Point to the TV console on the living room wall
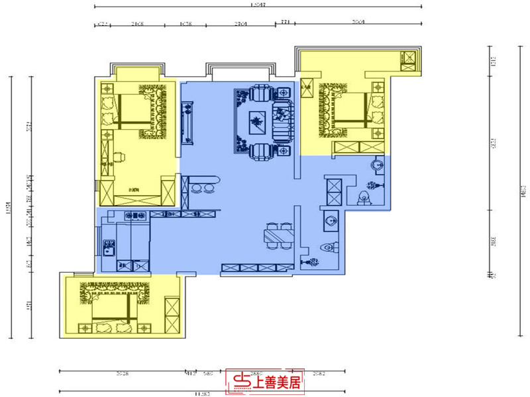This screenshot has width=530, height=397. [187, 122]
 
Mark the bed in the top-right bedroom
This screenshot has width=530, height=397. [344, 108]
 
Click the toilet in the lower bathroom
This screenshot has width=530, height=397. [329, 247]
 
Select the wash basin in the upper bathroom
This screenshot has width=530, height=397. [377, 164]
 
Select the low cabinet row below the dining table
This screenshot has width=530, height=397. [257, 268]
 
